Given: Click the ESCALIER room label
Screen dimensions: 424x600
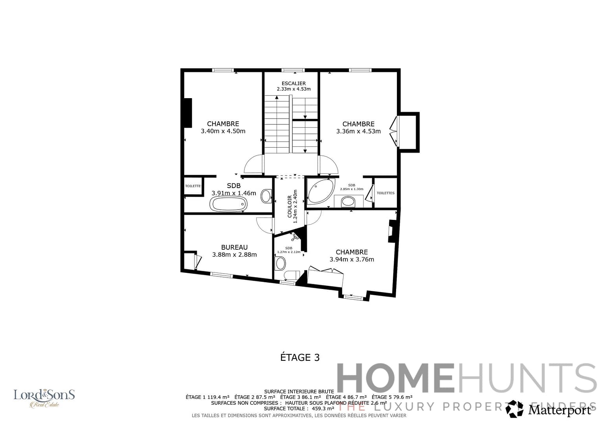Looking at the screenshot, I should [x=294, y=83].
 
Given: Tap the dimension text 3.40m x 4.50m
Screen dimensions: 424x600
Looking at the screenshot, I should [x=223, y=131].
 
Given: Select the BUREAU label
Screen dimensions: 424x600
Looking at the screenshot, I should [x=234, y=247].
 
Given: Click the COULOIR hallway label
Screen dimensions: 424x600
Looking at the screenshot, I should [x=290, y=207].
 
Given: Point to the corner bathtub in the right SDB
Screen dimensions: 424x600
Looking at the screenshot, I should [x=320, y=191].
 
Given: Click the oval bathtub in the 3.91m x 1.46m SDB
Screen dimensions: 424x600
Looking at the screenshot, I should [x=228, y=204].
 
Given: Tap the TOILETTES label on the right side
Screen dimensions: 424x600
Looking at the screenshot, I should [x=385, y=193].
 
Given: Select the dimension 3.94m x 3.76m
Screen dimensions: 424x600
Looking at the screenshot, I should [x=352, y=260].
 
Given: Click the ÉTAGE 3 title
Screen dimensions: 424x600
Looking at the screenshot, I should [x=300, y=357].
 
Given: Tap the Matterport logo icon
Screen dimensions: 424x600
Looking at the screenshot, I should [x=514, y=409].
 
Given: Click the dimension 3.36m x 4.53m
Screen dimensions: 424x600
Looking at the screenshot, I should [x=358, y=132].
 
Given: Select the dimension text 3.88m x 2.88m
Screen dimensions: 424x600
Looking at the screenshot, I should [x=234, y=255].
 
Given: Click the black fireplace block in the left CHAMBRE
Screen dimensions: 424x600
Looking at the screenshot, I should [x=187, y=113].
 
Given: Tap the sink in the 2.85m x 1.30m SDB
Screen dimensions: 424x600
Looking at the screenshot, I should [x=348, y=201].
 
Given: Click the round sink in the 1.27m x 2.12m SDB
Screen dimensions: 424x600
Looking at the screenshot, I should [x=281, y=263].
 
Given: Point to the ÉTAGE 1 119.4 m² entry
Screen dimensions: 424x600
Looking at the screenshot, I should [x=207, y=397].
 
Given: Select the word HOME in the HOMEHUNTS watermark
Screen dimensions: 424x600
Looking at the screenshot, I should [x=395, y=378].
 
